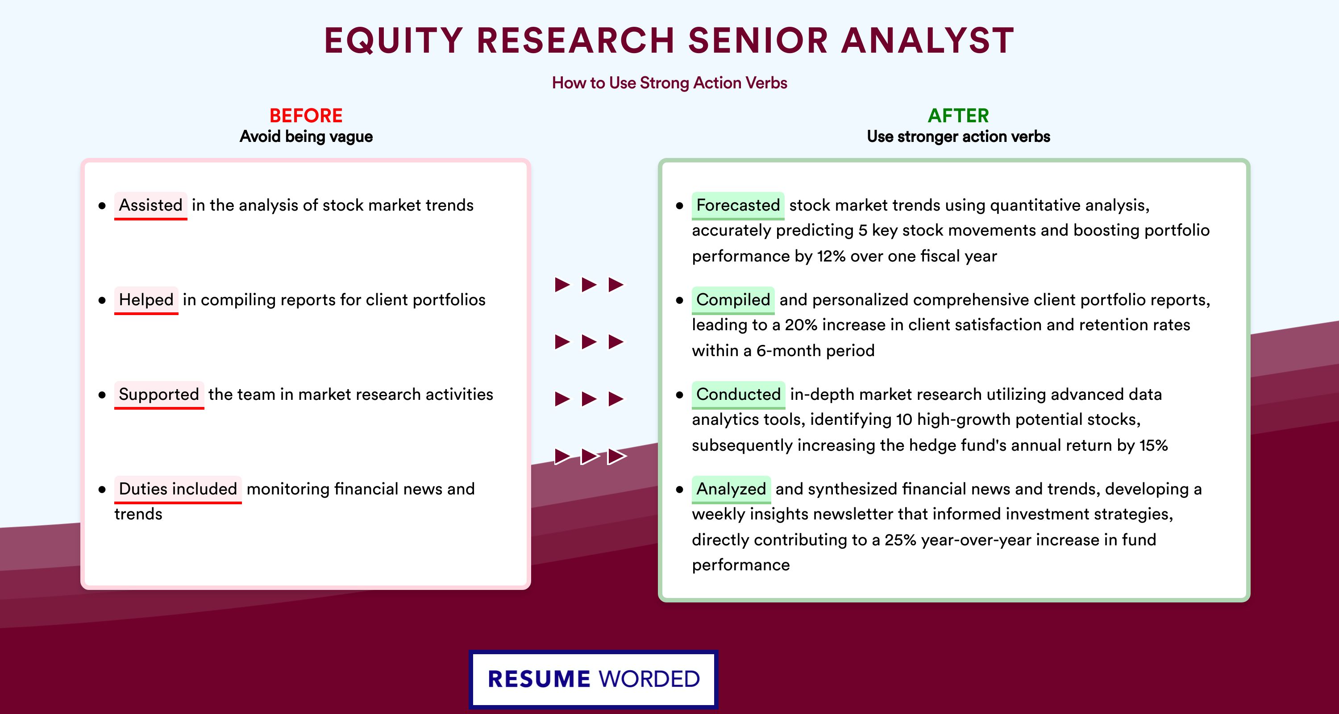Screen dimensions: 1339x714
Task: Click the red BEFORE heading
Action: (x=306, y=116)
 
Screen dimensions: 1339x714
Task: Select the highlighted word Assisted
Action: (x=151, y=205)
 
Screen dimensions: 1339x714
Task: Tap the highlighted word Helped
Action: (x=146, y=300)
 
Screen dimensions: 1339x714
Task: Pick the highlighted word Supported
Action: (x=159, y=394)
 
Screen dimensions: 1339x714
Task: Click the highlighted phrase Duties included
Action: (x=178, y=489)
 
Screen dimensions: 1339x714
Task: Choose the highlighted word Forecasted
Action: (x=738, y=205)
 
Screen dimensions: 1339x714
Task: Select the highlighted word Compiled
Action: (x=733, y=300)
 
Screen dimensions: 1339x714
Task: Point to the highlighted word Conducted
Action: (x=739, y=394)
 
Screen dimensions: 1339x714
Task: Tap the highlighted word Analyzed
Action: (x=732, y=489)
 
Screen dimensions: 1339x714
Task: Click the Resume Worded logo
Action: (x=593, y=679)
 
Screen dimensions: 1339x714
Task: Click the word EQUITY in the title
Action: (x=394, y=41)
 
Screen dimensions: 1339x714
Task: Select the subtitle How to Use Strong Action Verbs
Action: (x=669, y=83)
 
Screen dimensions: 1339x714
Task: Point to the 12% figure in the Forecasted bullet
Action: (x=831, y=256)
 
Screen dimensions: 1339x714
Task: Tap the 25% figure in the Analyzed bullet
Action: (x=900, y=540)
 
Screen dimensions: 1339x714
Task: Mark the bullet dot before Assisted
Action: (x=102, y=206)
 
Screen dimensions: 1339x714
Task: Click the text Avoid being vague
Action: (x=306, y=137)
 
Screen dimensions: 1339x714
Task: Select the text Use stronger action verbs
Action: (x=959, y=137)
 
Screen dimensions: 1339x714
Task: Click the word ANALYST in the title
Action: (x=927, y=41)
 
